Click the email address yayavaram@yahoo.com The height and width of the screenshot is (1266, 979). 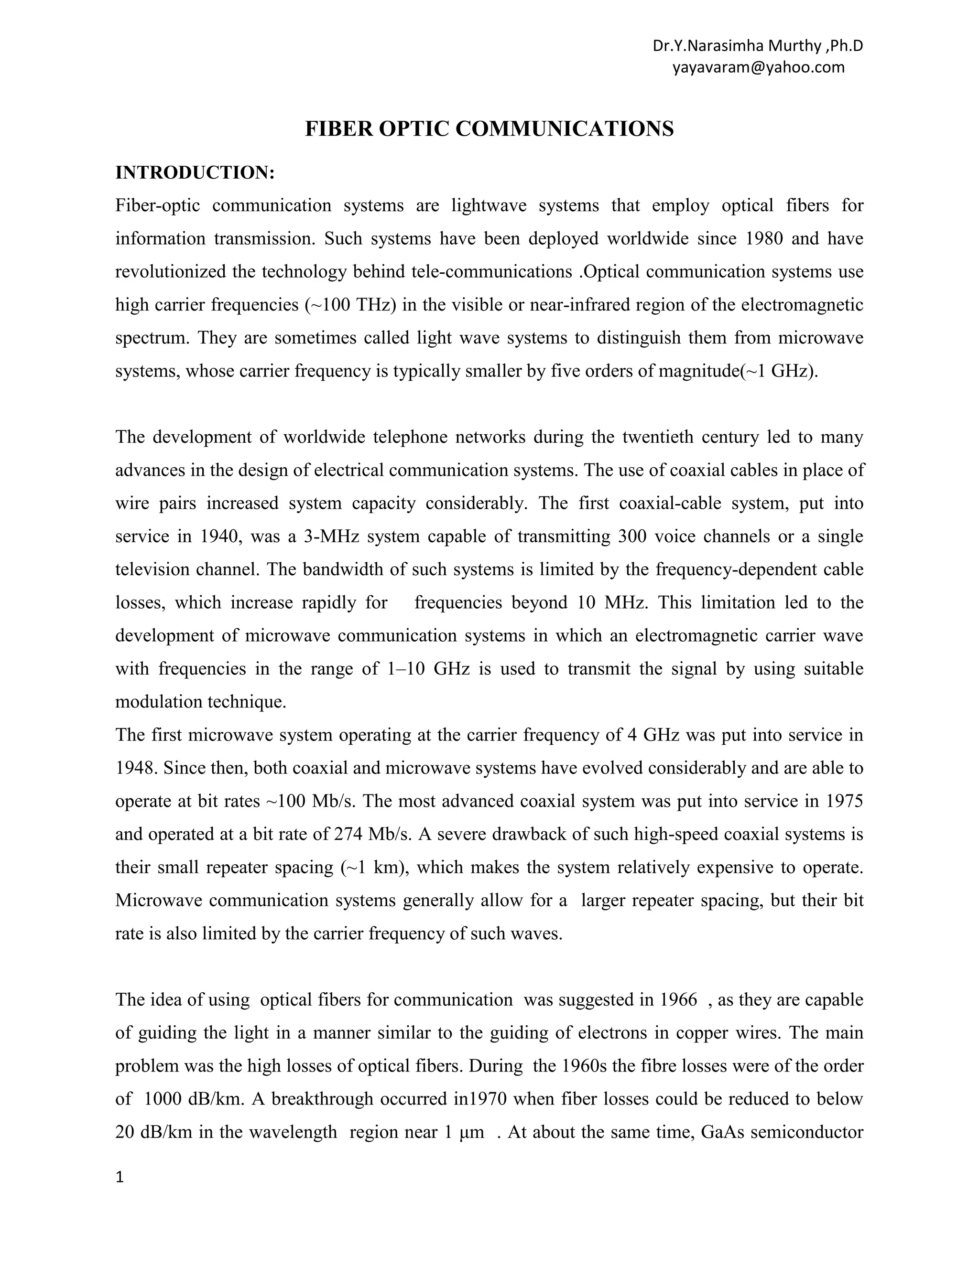pyautogui.click(x=758, y=67)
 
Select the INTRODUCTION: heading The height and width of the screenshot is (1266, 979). pyautogui.click(x=195, y=173)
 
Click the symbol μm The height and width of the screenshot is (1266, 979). pyautogui.click(x=471, y=1132)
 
